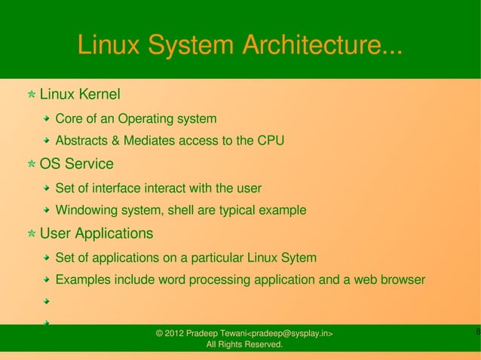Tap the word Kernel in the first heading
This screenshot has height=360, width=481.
(x=97, y=95)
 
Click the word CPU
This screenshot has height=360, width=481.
(x=271, y=141)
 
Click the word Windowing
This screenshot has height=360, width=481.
(x=87, y=210)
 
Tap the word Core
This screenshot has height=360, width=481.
(x=69, y=119)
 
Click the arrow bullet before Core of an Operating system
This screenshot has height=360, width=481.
(x=47, y=119)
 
